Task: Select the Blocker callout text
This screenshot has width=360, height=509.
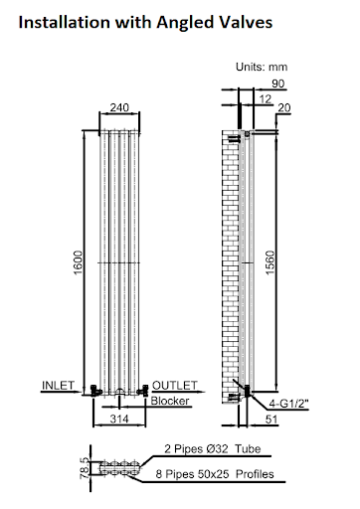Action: (171, 401)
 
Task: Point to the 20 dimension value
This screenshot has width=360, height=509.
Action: (285, 107)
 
